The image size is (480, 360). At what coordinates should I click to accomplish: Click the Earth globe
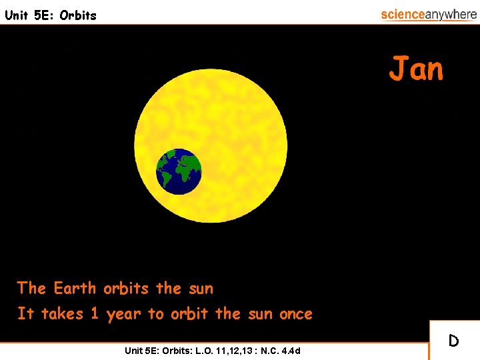[179, 171]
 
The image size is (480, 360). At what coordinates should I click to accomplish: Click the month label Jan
[417, 69]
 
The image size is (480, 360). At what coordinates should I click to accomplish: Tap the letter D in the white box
[453, 341]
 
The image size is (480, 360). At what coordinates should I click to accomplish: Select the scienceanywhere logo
[428, 14]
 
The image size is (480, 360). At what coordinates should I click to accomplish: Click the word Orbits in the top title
[78, 15]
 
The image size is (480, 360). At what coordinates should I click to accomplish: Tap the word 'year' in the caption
[123, 313]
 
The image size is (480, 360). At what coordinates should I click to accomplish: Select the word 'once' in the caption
[295, 313]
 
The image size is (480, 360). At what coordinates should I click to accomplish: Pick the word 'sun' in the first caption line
[201, 289]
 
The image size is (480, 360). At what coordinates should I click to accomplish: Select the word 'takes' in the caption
[62, 313]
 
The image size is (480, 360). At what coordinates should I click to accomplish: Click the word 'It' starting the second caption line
[25, 313]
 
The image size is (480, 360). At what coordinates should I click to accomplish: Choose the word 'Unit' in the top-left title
[16, 15]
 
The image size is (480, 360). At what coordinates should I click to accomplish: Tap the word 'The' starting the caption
[31, 289]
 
